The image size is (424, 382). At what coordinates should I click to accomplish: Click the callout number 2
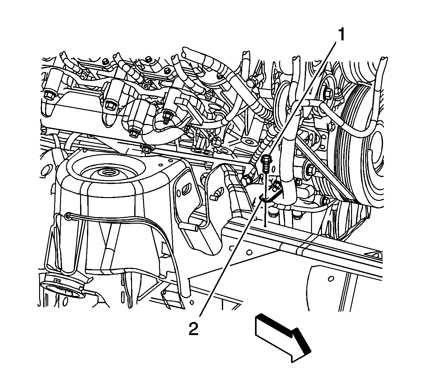click(x=193, y=329)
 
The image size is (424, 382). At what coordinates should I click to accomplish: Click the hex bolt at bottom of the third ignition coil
click(x=134, y=133)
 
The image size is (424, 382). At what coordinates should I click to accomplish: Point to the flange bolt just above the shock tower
click(x=146, y=148)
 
